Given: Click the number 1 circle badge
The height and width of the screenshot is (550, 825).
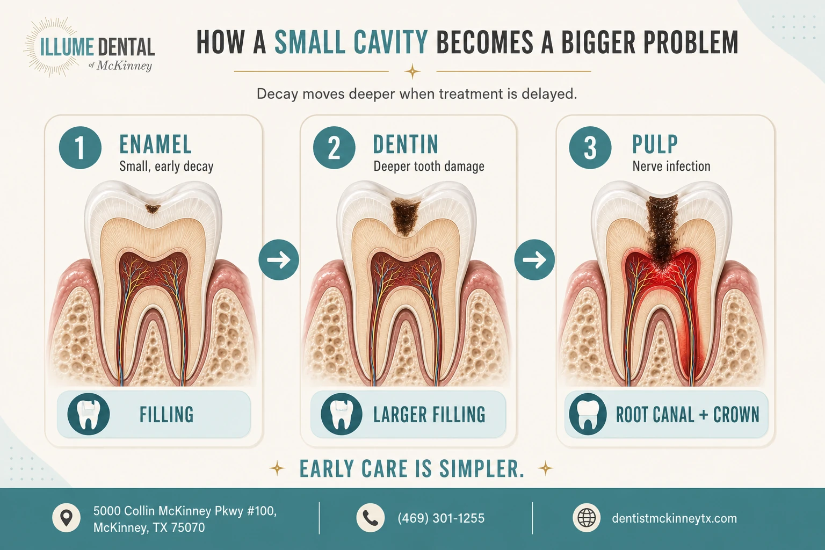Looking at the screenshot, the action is tap(80, 147).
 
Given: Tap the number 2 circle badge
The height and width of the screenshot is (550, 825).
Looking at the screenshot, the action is tap(334, 147).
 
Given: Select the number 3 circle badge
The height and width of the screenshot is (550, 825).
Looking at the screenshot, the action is tap(590, 147).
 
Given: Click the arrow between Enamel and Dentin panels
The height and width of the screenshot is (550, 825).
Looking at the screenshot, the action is tap(279, 260).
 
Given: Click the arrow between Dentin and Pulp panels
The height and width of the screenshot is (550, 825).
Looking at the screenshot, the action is tap(534, 260).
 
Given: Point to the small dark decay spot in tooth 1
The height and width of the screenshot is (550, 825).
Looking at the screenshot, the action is tap(153, 209).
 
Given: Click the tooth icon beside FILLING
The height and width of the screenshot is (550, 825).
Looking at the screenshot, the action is tap(89, 414).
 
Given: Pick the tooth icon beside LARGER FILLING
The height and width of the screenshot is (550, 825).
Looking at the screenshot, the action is tap(341, 414).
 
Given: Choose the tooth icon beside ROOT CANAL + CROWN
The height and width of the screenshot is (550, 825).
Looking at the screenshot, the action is tap(588, 414).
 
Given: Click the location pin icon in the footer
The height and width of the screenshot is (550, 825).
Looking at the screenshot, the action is tap(66, 518).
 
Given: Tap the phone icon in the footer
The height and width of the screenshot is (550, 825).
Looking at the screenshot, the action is tap(371, 518).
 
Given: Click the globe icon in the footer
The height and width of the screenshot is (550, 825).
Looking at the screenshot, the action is tap(587, 518).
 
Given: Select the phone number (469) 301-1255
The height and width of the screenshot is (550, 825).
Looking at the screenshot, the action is tap(441, 518).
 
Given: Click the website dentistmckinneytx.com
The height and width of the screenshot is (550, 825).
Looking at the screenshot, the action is tap(675, 518).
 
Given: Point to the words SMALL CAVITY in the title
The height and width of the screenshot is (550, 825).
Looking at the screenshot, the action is tap(351, 42).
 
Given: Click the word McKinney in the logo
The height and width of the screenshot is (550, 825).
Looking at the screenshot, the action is tap(124, 66).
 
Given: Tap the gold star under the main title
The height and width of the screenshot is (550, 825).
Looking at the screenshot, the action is tap(412, 71).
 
